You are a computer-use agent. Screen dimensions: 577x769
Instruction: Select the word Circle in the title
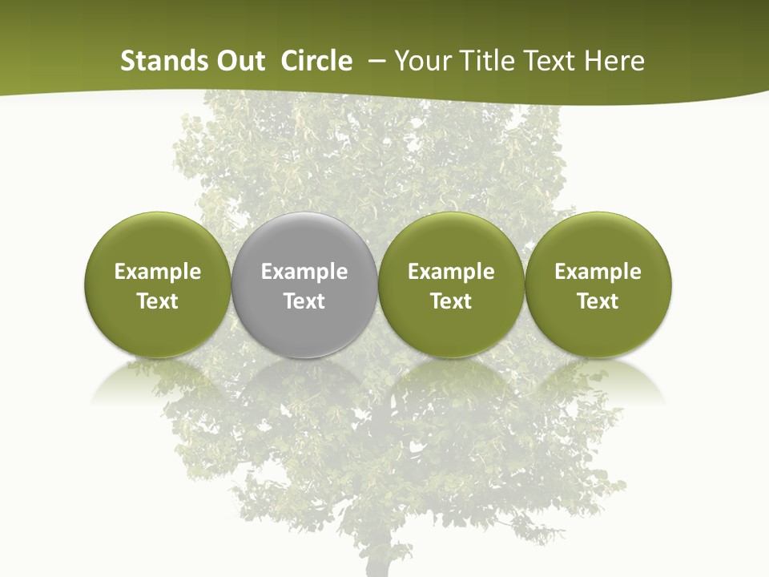(x=316, y=61)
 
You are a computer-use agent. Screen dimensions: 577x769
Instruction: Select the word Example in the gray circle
(x=304, y=272)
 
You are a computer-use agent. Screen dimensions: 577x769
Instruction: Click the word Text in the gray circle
(x=304, y=301)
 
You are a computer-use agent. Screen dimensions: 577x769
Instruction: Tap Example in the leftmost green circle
(x=158, y=272)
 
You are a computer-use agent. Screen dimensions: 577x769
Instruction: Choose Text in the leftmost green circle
(x=158, y=301)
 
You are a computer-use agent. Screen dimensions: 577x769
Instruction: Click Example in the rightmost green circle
(x=598, y=272)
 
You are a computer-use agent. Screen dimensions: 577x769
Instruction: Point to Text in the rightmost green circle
(x=598, y=301)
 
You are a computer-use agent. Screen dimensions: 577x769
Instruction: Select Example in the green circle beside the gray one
(x=452, y=272)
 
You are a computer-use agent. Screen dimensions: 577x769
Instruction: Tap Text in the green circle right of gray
(x=452, y=301)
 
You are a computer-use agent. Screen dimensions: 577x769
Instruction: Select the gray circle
(x=304, y=240)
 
